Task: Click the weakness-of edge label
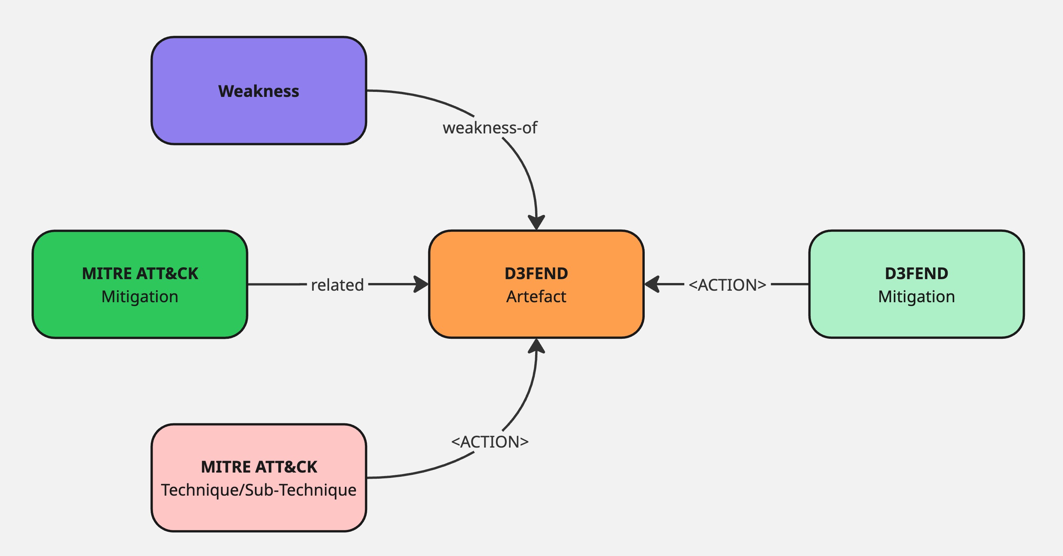point(490,128)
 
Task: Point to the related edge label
point(337,285)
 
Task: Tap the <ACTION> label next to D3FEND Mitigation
point(727,285)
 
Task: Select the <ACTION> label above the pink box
point(490,442)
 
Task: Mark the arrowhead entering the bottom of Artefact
point(536,346)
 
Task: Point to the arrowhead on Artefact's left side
point(421,284)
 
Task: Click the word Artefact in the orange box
point(536,296)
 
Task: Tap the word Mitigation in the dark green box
point(140,296)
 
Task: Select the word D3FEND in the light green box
point(916,273)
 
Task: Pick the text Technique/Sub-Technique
point(259,490)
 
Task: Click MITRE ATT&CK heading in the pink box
point(259,467)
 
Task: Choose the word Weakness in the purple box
point(259,91)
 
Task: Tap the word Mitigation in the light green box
point(916,296)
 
